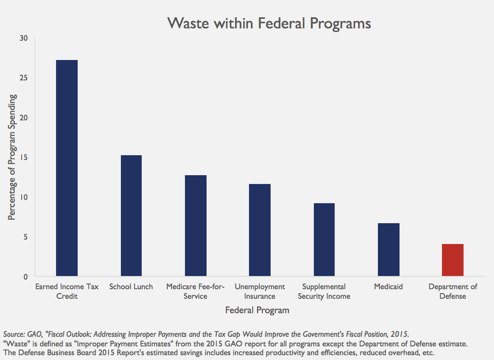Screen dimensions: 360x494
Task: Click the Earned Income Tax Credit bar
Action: pyautogui.click(x=67, y=168)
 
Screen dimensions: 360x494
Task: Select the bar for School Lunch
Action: pyautogui.click(x=131, y=216)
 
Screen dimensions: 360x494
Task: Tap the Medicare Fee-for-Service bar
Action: pyautogui.click(x=196, y=226)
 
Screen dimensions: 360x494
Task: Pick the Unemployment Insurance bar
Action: pyautogui.click(x=260, y=230)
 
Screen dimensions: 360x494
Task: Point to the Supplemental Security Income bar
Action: pyautogui.click(x=324, y=240)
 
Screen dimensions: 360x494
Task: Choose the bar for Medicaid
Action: pyautogui.click(x=389, y=250)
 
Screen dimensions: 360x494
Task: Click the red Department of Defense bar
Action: pyautogui.click(x=453, y=260)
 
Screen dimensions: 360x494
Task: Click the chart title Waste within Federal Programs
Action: pyautogui.click(x=269, y=23)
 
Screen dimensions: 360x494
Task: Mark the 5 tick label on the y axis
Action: pyautogui.click(x=26, y=237)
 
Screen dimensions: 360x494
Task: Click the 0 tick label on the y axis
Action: pyautogui.click(x=26, y=277)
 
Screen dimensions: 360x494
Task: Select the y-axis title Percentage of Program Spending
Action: pyautogui.click(x=12, y=157)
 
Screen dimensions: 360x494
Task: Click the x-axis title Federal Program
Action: pyautogui.click(x=257, y=310)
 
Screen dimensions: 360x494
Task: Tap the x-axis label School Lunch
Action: pyautogui.click(x=131, y=287)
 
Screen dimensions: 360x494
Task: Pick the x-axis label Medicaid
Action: pyautogui.click(x=388, y=287)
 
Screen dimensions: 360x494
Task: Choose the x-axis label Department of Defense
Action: pyautogui.click(x=453, y=292)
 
